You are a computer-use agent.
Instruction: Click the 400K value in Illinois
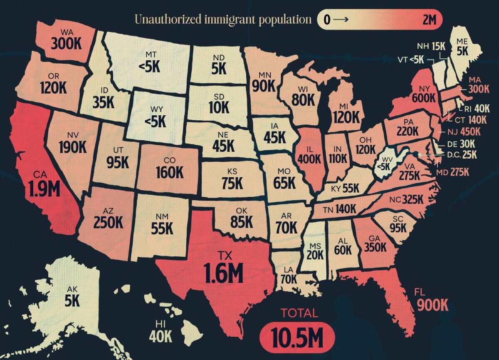coord(309,159)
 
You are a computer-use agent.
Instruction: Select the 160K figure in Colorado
coord(170,171)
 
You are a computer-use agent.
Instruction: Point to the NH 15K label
coord(431,46)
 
